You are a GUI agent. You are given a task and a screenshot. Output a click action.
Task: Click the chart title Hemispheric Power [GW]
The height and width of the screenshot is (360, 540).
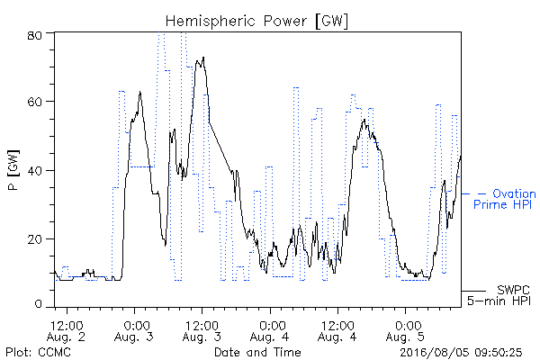click(256, 22)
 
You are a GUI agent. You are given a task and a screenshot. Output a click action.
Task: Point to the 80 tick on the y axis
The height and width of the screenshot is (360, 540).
click(34, 35)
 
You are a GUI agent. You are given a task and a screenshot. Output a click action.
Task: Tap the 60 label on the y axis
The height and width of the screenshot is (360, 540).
click(34, 102)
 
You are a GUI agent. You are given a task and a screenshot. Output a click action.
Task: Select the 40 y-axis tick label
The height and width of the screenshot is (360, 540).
click(34, 170)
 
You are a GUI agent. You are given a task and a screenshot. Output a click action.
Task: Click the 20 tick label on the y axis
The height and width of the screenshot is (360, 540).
click(34, 239)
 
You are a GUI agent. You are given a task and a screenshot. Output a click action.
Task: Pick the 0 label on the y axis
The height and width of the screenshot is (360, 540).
click(38, 304)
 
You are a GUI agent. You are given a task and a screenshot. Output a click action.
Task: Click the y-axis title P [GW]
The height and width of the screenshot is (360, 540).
click(13, 170)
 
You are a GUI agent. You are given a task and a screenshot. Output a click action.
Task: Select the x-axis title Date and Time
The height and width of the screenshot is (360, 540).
click(257, 352)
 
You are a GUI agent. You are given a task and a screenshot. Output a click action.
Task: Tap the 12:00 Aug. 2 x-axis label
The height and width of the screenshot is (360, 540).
click(66, 331)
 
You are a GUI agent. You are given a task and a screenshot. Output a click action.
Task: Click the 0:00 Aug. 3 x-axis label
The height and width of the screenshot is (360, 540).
click(134, 331)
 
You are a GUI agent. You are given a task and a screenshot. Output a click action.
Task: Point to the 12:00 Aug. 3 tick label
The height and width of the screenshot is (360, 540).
click(202, 331)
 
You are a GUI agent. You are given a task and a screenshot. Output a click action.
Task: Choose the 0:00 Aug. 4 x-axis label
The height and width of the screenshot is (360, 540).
click(270, 331)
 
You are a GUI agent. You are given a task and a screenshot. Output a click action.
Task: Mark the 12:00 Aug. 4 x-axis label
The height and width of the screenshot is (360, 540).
click(337, 331)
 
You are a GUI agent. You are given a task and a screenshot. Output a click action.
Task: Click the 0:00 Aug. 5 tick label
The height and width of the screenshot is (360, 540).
click(405, 331)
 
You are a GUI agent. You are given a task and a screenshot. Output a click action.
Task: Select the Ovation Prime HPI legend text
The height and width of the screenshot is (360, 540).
click(505, 199)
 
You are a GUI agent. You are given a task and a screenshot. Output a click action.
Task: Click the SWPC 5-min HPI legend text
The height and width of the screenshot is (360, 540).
click(499, 295)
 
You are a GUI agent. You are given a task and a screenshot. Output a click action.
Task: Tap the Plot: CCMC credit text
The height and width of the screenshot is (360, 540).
click(38, 353)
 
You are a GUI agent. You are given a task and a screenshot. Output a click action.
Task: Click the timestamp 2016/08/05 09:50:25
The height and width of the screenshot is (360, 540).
click(461, 353)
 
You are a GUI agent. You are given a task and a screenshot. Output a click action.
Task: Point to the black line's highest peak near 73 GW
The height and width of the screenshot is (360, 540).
click(203, 58)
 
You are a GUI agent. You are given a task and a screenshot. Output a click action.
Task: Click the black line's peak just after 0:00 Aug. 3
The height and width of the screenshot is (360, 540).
click(140, 92)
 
